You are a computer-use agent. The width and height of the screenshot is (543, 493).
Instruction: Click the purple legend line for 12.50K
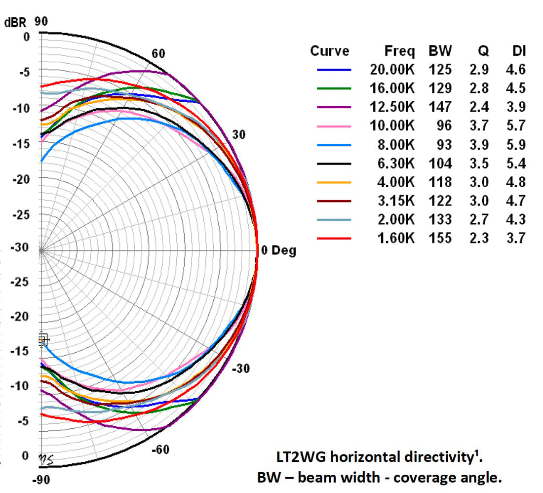[x=334, y=107]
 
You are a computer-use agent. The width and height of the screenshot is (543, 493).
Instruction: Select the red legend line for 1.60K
[x=334, y=239]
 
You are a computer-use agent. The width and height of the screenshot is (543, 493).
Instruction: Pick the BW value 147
[x=440, y=107]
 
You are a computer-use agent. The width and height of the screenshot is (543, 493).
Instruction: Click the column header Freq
[x=399, y=51]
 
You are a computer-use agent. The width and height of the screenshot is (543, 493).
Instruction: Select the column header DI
[x=519, y=51]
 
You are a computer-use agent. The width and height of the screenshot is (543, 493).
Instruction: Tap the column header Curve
[x=329, y=51]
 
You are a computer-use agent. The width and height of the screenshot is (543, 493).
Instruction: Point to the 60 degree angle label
[x=158, y=54]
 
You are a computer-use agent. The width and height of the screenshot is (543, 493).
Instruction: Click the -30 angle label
[x=241, y=369]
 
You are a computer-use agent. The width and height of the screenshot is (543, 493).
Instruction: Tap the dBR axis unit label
[x=15, y=23]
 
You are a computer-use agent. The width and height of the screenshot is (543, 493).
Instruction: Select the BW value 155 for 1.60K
[x=440, y=239]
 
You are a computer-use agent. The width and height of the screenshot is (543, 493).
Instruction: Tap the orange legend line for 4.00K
[x=334, y=182]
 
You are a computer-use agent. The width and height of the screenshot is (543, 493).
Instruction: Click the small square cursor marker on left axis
[x=42, y=339]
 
